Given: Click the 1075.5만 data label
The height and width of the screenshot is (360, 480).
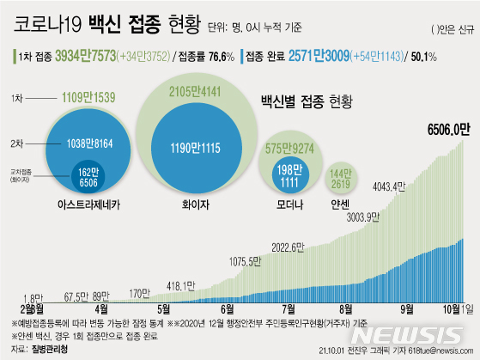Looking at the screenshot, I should tap(255, 261).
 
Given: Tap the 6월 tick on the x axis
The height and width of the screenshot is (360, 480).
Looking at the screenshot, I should tap(228, 308).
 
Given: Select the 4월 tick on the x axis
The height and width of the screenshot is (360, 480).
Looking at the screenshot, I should tap(101, 308).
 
